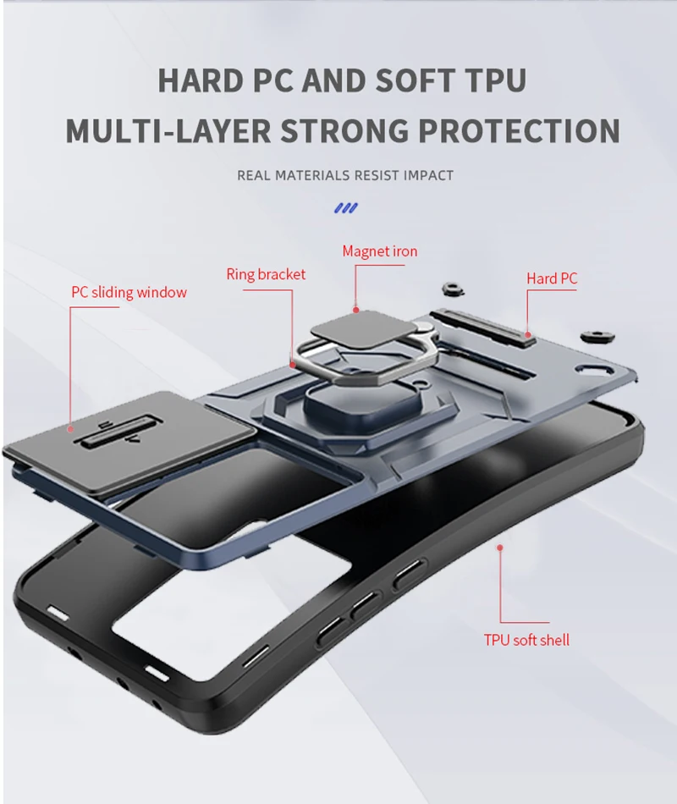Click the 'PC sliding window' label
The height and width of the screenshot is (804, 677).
point(129,293)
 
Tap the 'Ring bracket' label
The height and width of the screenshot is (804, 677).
point(266,274)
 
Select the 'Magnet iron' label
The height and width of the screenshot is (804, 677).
point(380,251)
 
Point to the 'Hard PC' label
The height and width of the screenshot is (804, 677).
point(552,278)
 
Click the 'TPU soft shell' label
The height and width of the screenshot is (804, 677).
point(526,640)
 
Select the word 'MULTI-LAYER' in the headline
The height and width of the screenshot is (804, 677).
point(168,131)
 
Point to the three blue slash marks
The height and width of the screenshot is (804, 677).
point(345,207)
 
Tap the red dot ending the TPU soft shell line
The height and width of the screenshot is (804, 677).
point(499,548)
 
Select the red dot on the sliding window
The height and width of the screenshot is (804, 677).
point(71,429)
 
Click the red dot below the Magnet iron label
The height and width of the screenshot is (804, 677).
point(356,310)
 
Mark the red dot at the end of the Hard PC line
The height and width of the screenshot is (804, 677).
point(527,333)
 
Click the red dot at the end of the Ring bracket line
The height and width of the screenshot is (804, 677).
point(293,362)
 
